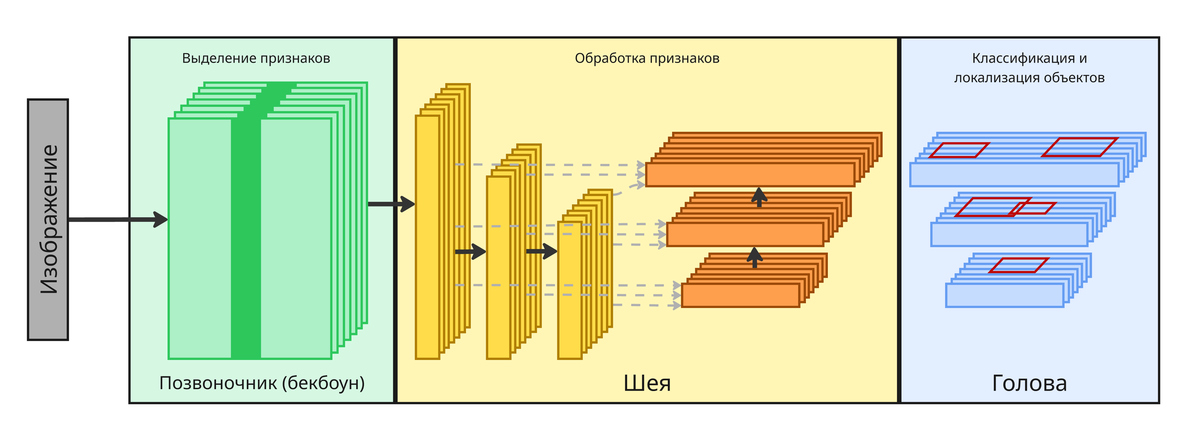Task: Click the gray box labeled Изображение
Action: pyautogui.click(x=48, y=219)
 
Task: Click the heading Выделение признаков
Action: pyautogui.click(x=256, y=58)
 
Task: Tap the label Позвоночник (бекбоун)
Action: pyautogui.click(x=262, y=383)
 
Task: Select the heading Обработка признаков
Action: pyautogui.click(x=647, y=58)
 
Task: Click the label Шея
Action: pyautogui.click(x=647, y=383)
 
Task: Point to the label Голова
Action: pyautogui.click(x=1029, y=383)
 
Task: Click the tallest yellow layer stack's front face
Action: pyautogui.click(x=427, y=237)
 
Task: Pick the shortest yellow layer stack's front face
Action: pyautogui.click(x=570, y=290)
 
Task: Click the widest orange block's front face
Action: pyautogui.click(x=749, y=175)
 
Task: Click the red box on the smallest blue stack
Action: pyautogui.click(x=1018, y=265)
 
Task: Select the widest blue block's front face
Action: pyautogui.click(x=1014, y=175)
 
